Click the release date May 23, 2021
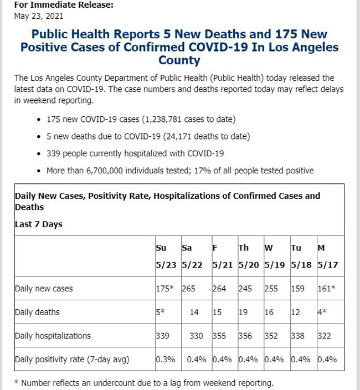pyautogui.click(x=39, y=16)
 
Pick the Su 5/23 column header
pyautogui.click(x=166, y=256)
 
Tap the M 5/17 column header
pyautogui.click(x=328, y=256)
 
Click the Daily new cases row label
pyautogui.click(x=44, y=289)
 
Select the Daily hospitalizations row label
pyautogui.click(x=53, y=336)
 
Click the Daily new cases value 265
pyautogui.click(x=188, y=289)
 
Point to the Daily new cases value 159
pyautogui.click(x=298, y=289)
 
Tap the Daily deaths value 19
pyautogui.click(x=243, y=312)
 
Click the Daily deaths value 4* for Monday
pyautogui.click(x=322, y=312)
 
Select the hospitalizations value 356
pyautogui.click(x=245, y=336)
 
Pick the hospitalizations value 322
pyautogui.click(x=324, y=336)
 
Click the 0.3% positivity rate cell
pyautogui.click(x=166, y=360)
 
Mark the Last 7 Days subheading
pyautogui.click(x=39, y=224)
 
